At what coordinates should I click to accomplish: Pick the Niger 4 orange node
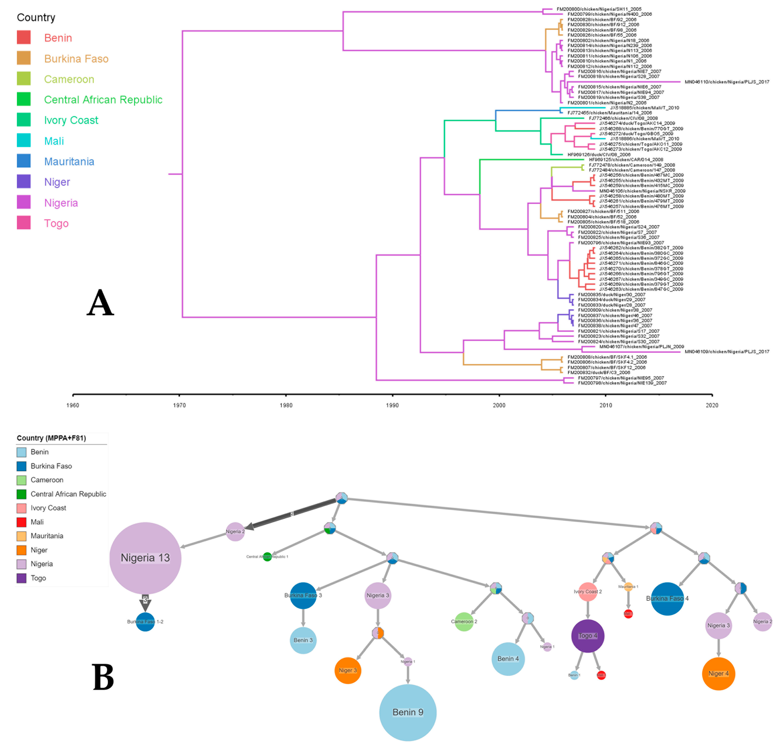(718, 674)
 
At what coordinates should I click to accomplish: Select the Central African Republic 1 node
(267, 557)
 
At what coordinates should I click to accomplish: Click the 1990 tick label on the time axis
(392, 405)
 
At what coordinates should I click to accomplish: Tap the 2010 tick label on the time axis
(606, 405)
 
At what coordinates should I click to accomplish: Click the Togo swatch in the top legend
(24, 223)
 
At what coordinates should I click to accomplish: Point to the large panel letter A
(100, 302)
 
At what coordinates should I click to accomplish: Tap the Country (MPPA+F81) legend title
(51, 438)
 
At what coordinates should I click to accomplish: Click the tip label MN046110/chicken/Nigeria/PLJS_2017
(727, 82)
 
